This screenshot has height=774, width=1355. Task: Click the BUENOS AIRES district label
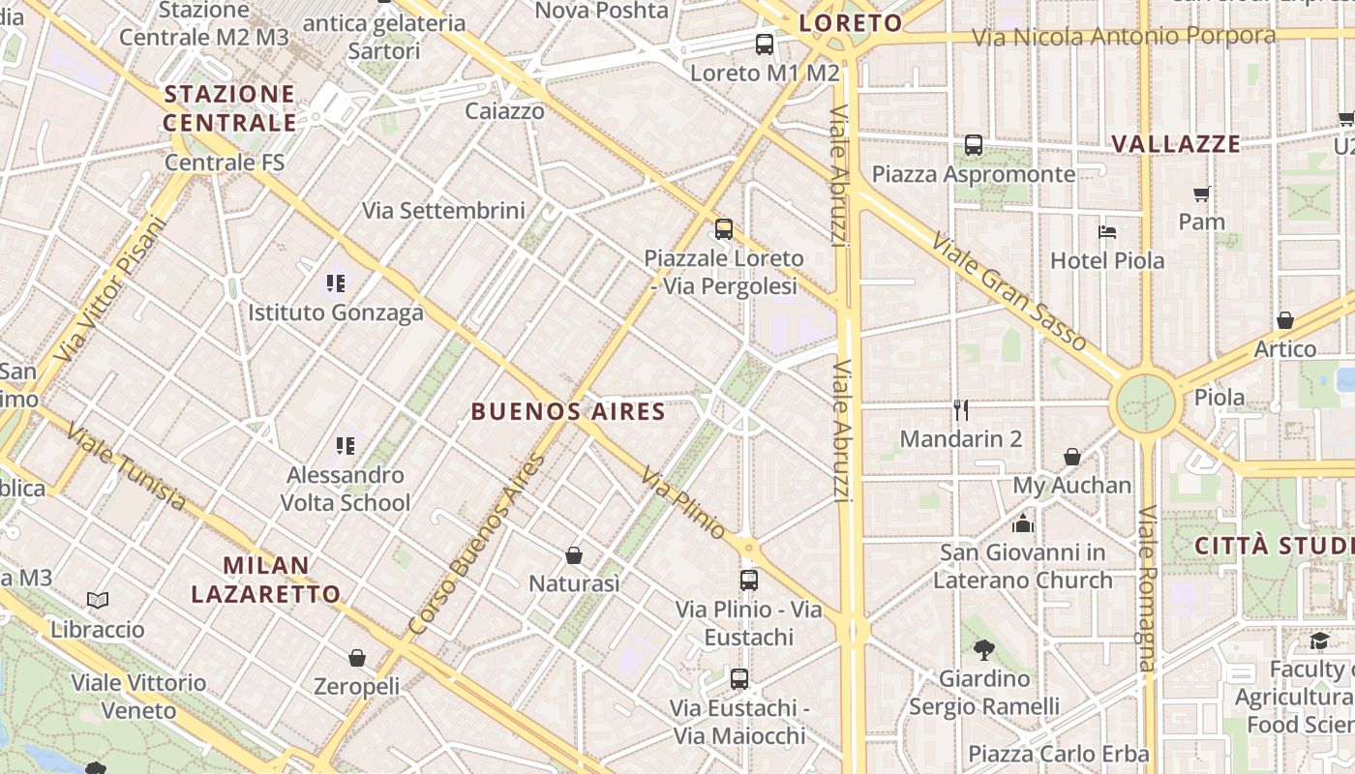coord(568,412)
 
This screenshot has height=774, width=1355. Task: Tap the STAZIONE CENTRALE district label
coord(229,108)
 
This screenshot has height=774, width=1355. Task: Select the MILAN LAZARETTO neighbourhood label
coord(265,580)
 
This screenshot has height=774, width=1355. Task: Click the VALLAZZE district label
coord(1175,144)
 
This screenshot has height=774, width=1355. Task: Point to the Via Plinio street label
coord(682,504)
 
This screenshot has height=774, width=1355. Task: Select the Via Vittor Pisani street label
coord(111,290)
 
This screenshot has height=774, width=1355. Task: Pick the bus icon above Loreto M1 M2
coord(765,44)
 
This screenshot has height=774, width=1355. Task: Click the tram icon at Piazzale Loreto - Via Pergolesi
coord(724,229)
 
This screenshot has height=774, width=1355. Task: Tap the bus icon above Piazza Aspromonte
coord(974,145)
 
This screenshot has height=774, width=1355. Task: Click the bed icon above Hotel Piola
coord(1107,232)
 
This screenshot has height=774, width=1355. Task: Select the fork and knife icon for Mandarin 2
coord(961,410)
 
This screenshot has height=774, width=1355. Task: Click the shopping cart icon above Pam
coord(1202,193)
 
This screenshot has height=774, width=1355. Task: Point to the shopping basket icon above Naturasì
coord(574,555)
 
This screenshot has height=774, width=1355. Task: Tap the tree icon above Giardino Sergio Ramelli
coord(984,649)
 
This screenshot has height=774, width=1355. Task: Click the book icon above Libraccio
coord(98,601)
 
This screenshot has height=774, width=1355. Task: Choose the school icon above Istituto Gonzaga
coord(336,283)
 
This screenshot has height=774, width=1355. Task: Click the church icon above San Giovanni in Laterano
coord(1023,524)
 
